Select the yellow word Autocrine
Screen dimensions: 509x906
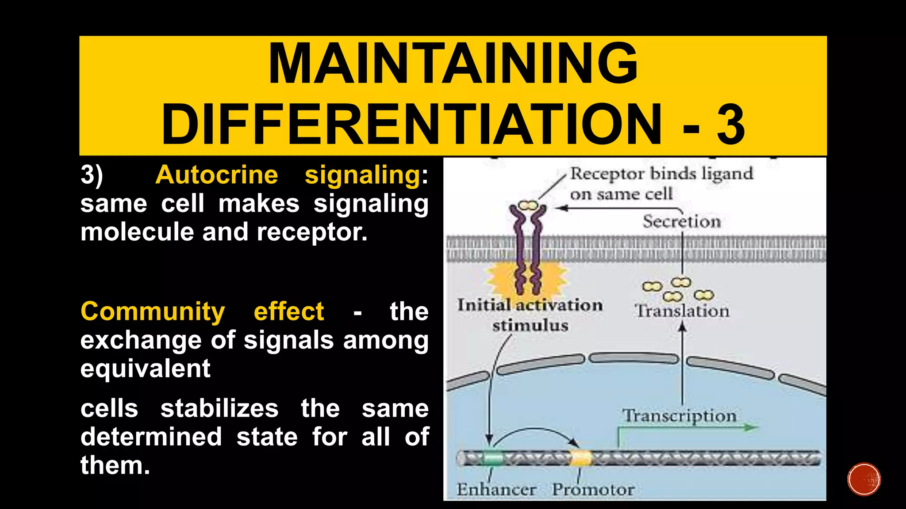[x=217, y=175]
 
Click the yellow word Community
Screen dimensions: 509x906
[x=153, y=311]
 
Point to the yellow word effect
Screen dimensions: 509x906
[x=288, y=311]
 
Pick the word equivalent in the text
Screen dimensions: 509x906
[x=145, y=368]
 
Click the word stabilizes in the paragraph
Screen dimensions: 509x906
[x=219, y=408]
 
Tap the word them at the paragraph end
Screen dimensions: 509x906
[x=115, y=465]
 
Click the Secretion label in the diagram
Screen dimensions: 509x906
[x=682, y=221]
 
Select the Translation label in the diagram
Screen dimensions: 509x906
[x=682, y=311]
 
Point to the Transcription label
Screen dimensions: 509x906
[x=679, y=416]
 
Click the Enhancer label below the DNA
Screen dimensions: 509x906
[x=496, y=490]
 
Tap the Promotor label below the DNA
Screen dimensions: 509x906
[x=593, y=490]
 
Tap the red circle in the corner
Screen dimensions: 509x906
[x=864, y=479]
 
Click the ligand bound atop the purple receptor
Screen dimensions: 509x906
[x=528, y=205]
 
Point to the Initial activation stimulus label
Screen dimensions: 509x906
[x=530, y=315]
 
